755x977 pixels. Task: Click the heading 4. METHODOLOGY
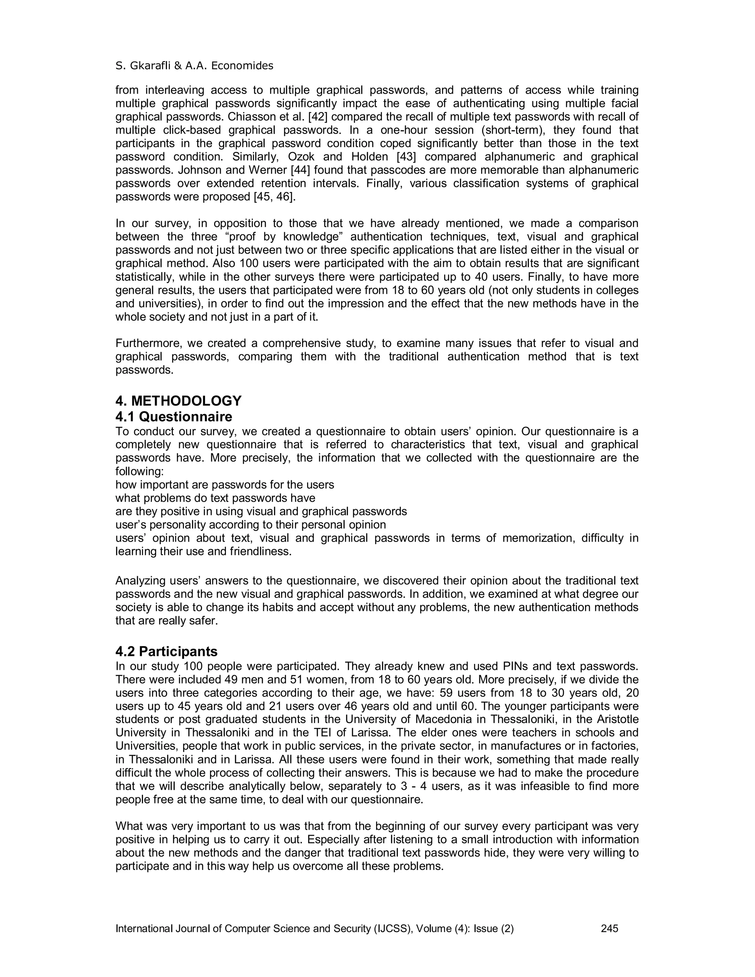(x=178, y=400)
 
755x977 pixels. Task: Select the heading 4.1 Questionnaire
(x=174, y=417)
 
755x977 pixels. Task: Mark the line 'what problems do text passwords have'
(x=215, y=498)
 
